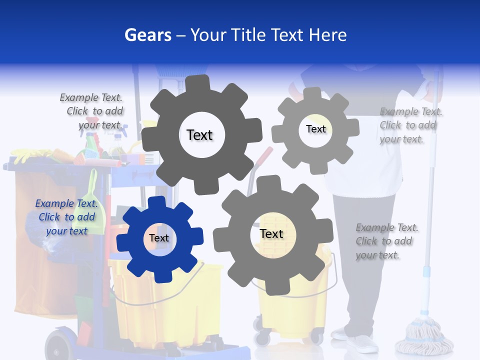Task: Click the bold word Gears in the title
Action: [x=148, y=35]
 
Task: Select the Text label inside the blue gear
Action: [x=159, y=238]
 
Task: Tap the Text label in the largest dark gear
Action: [x=199, y=135]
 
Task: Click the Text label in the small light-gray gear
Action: [x=315, y=129]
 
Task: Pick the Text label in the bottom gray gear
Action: [x=271, y=233]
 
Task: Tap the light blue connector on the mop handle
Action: [x=426, y=271]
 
